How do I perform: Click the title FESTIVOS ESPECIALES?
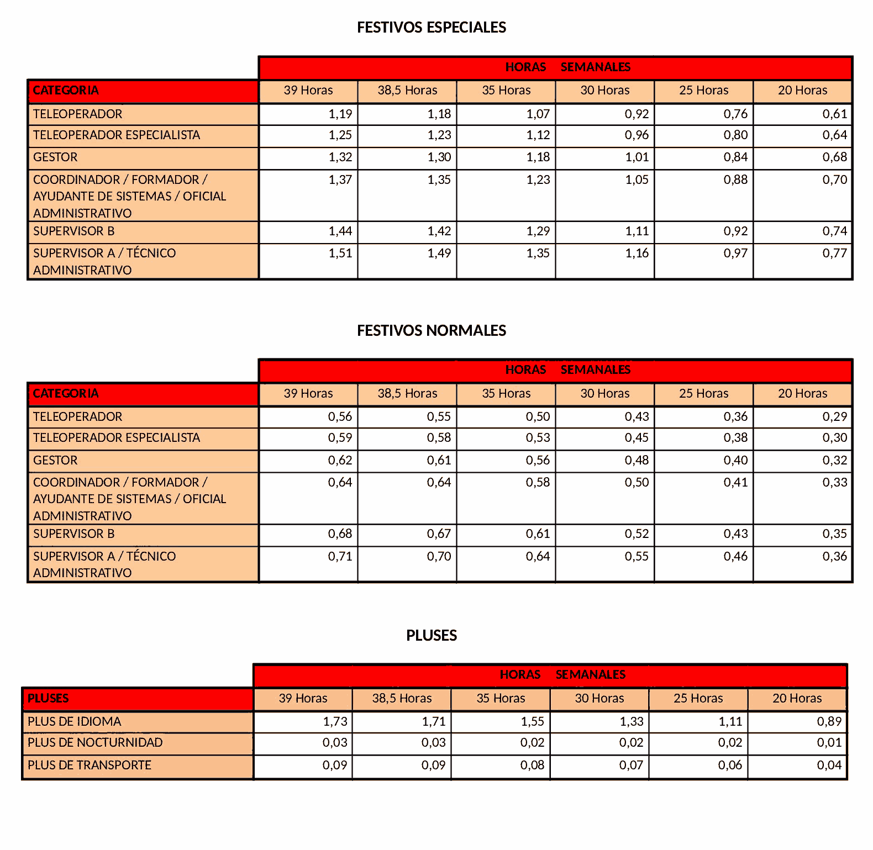(x=431, y=28)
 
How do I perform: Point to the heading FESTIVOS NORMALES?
(x=431, y=331)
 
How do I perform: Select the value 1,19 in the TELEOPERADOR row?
(x=340, y=114)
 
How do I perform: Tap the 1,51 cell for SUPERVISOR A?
(x=340, y=254)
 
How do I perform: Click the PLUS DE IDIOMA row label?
(x=75, y=722)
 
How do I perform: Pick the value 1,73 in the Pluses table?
(x=335, y=722)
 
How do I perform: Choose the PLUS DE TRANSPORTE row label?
(x=90, y=765)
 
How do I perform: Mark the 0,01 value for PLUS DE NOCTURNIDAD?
(x=829, y=743)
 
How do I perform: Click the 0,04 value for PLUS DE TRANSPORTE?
(x=829, y=765)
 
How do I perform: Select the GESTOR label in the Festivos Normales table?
(x=55, y=461)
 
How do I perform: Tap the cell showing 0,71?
(x=340, y=557)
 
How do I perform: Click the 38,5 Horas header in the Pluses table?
(x=402, y=699)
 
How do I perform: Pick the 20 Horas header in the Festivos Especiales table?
(x=802, y=91)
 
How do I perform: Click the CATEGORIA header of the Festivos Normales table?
(x=66, y=394)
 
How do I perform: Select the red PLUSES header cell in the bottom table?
(x=49, y=699)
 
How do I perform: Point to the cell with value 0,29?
(x=834, y=417)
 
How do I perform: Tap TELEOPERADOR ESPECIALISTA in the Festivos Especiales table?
(x=117, y=135)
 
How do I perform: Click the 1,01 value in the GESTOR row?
(x=637, y=157)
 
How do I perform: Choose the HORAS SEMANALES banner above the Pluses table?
(x=562, y=675)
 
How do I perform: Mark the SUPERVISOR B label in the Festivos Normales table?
(x=74, y=534)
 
